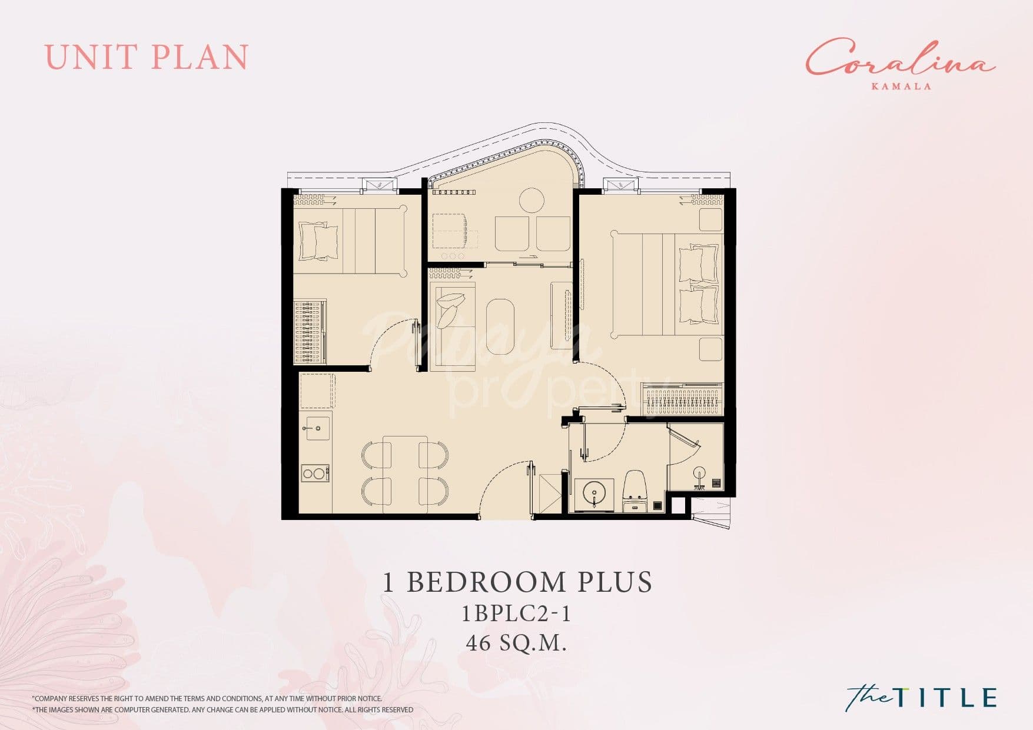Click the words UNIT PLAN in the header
(x=147, y=57)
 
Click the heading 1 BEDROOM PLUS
(x=517, y=582)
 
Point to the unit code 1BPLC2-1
(x=516, y=614)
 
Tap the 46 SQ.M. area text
(x=516, y=643)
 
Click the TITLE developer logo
(x=921, y=696)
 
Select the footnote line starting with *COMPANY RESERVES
(x=207, y=698)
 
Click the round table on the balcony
(x=532, y=200)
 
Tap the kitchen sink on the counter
(x=317, y=425)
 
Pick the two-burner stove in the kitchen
(x=315, y=473)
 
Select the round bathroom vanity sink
(x=594, y=492)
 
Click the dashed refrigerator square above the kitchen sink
(x=317, y=391)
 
